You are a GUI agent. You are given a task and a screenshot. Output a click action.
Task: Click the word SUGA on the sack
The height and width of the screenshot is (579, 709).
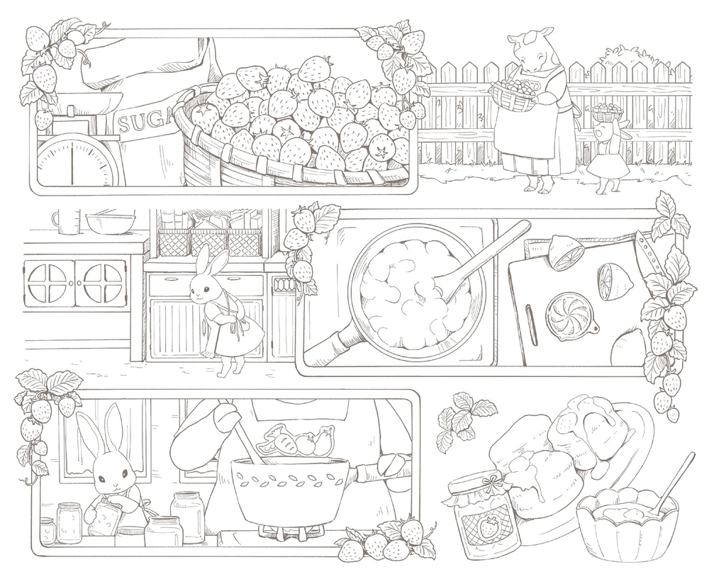tap(141, 125)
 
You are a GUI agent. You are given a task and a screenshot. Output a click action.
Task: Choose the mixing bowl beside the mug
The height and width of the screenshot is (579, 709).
tap(110, 223)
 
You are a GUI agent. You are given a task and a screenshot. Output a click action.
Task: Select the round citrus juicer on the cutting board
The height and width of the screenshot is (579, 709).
tap(567, 313)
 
